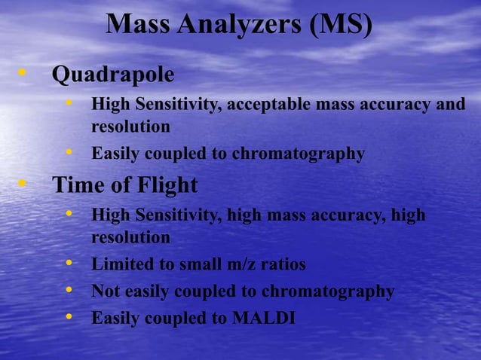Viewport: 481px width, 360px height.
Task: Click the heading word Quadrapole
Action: coord(112,75)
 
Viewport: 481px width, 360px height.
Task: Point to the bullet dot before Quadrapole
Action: coord(23,74)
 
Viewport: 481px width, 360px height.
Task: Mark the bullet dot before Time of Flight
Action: coord(23,183)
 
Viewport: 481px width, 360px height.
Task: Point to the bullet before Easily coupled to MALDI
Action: coord(70,318)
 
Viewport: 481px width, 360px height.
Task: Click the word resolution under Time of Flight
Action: coord(130,237)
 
